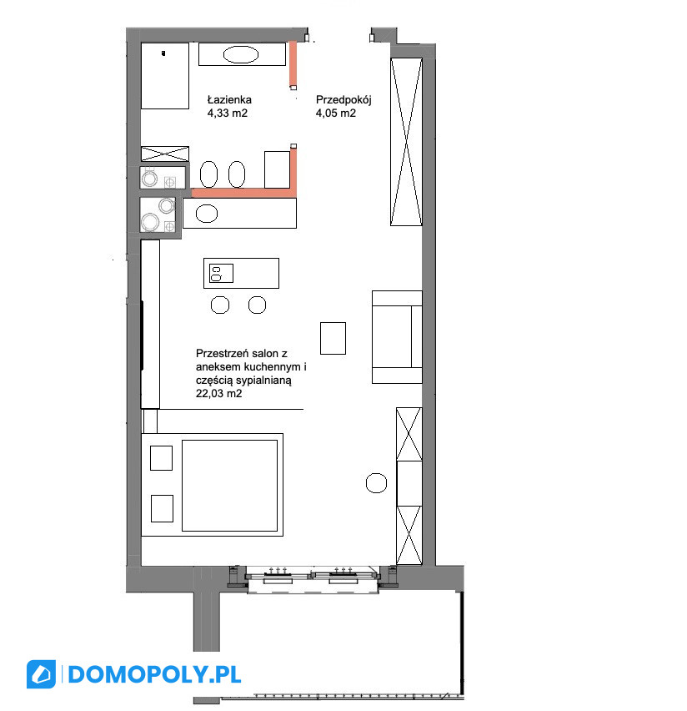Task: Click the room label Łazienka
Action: (x=229, y=100)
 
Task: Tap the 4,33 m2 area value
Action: (x=228, y=113)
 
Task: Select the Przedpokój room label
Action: (x=343, y=100)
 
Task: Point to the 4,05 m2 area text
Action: (x=336, y=113)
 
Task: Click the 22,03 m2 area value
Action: (x=219, y=394)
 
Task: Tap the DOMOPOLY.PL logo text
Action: (x=154, y=675)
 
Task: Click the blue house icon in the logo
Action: (x=41, y=674)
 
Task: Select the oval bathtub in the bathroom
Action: (x=241, y=55)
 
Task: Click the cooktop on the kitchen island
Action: (x=221, y=274)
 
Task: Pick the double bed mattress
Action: (x=230, y=485)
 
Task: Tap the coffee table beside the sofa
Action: (x=333, y=338)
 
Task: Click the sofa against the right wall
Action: (x=397, y=337)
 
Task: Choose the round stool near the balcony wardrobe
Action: (x=376, y=483)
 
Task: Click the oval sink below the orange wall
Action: (x=207, y=214)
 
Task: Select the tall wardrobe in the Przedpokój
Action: (x=407, y=142)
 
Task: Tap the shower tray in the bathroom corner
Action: (x=165, y=76)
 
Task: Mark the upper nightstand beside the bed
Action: (x=161, y=458)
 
